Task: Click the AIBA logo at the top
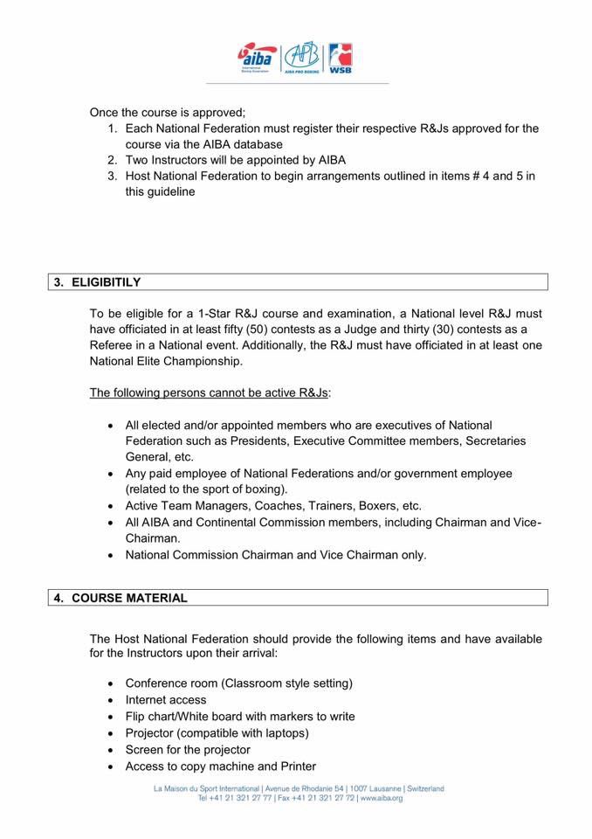pos(258,57)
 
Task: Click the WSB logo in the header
pos(340,58)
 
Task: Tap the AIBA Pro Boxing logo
pos(302,57)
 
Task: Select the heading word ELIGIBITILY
pos(107,282)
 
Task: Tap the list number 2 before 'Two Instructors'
pos(112,160)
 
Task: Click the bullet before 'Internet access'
pos(110,700)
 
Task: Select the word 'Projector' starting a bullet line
pos(150,733)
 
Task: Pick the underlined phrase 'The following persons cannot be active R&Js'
pos(209,392)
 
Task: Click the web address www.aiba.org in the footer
pos(381,798)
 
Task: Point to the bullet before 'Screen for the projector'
pos(110,750)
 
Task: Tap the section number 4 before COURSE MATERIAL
pos(58,598)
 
